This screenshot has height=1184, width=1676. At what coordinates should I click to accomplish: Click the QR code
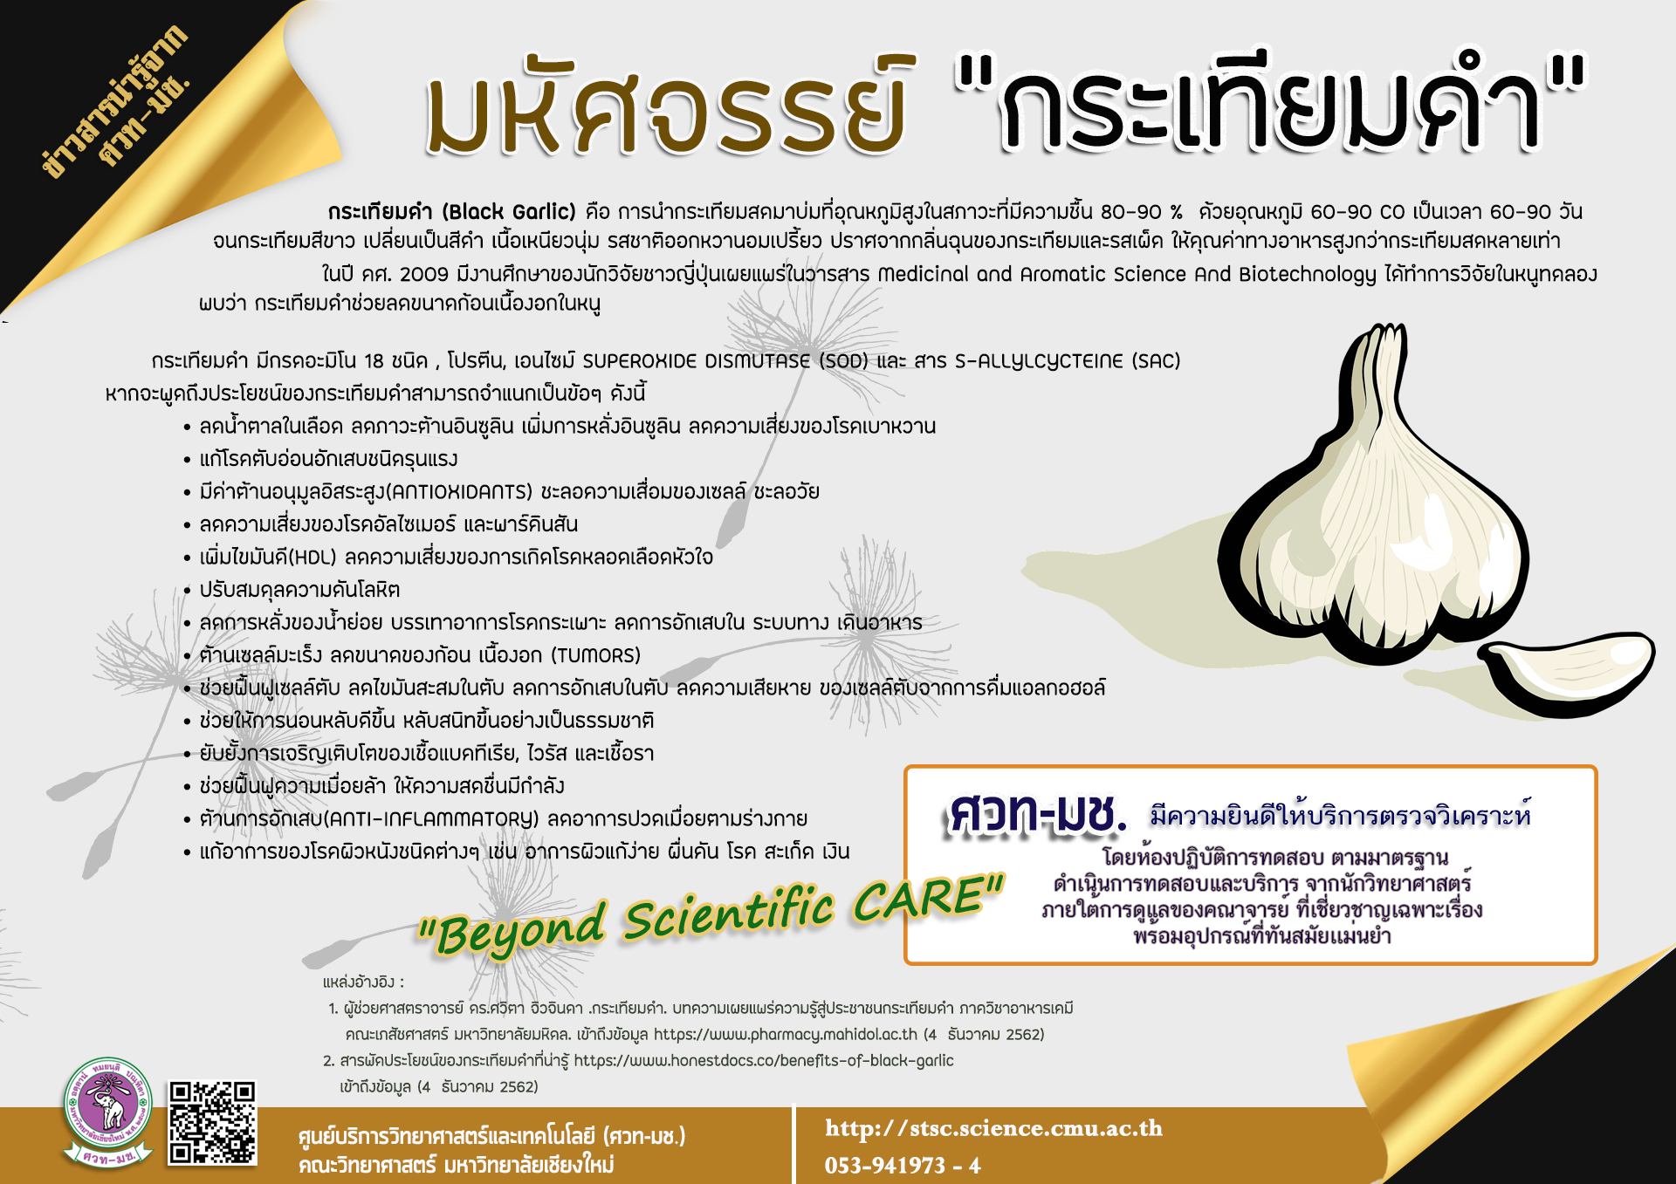pyautogui.click(x=213, y=1122)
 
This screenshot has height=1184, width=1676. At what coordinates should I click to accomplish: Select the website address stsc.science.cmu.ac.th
pyautogui.click(x=993, y=1128)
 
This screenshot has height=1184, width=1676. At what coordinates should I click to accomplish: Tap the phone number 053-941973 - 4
pyautogui.click(x=903, y=1166)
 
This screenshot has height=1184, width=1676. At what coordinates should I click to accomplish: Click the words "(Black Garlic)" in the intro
pyautogui.click(x=509, y=212)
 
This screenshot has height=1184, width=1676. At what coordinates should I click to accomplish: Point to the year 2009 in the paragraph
pyautogui.click(x=423, y=275)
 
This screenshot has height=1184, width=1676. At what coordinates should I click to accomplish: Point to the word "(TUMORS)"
pyautogui.click(x=595, y=655)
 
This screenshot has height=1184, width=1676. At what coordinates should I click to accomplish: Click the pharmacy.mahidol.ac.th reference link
pyautogui.click(x=785, y=1035)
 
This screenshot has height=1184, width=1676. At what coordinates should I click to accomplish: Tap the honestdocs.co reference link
pyautogui.click(x=764, y=1061)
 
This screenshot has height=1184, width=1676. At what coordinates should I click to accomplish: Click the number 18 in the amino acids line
pyautogui.click(x=374, y=361)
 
